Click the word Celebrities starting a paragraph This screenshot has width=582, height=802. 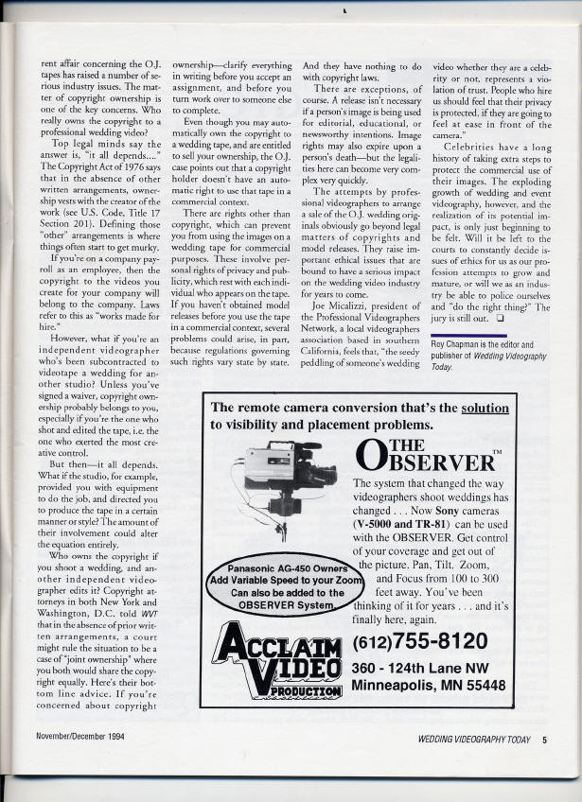[471, 148]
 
